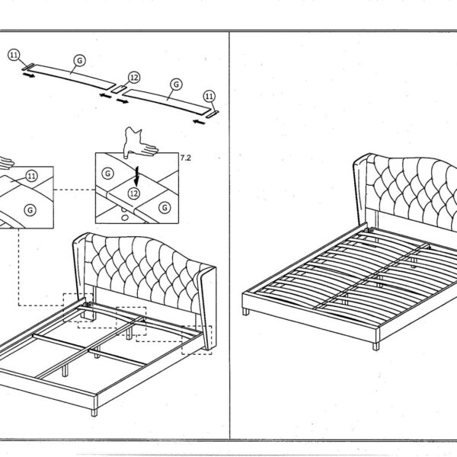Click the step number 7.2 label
tap(186, 158)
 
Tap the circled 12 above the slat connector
tap(134, 78)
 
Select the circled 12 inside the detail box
tap(134, 193)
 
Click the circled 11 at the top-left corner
tap(14, 55)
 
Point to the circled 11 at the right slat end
tap(209, 96)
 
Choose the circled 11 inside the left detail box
tap(32, 176)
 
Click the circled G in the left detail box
tap(30, 210)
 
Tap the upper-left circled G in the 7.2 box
tap(108, 174)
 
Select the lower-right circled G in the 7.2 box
tap(165, 207)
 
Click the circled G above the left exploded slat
tap(79, 61)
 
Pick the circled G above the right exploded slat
tap(177, 85)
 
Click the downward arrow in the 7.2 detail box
tap(136, 176)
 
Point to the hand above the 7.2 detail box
tap(139, 143)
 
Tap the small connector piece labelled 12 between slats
tap(119, 89)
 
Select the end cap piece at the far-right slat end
tap(213, 114)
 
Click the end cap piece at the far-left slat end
tap(28, 67)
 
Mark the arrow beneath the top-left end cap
tap(29, 75)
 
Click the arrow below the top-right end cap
tap(200, 121)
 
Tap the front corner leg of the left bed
tap(94, 412)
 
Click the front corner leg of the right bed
tap(376, 347)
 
